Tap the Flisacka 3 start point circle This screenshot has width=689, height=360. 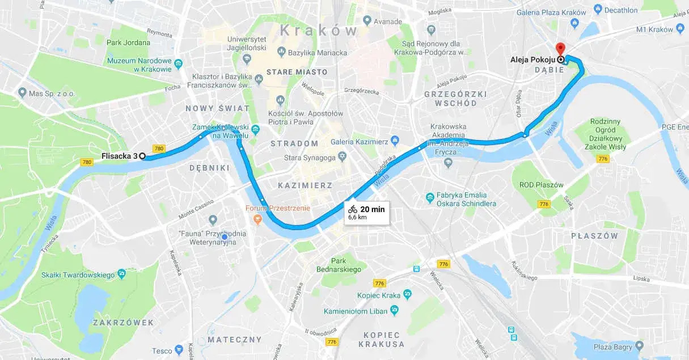click(142, 156)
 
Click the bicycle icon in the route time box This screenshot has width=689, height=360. click(353, 209)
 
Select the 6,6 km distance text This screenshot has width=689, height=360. click(357, 217)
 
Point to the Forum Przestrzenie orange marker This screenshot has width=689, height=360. click(257, 218)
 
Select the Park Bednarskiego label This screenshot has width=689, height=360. click(339, 265)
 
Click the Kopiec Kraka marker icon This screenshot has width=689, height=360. click(407, 295)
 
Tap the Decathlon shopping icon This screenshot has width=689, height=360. click(597, 10)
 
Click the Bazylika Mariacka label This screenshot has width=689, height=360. click(317, 53)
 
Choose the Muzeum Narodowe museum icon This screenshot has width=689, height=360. click(178, 63)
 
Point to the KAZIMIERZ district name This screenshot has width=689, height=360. click(305, 185)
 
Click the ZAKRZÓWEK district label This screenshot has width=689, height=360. click(123, 322)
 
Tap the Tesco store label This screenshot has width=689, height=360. click(162, 350)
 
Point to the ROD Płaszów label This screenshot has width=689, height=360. click(542, 185)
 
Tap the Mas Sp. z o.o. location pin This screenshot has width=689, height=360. click(22, 92)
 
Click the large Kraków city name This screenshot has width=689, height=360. click(319, 30)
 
